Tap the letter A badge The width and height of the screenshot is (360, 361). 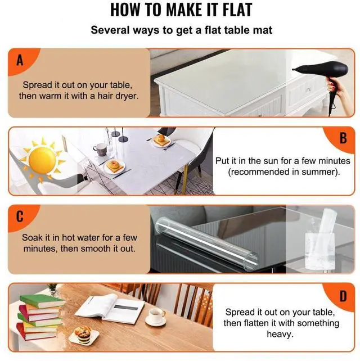pyautogui.click(x=20, y=60)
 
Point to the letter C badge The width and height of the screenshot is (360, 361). pyautogui.click(x=20, y=216)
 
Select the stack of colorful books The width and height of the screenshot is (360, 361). pyautogui.click(x=38, y=317)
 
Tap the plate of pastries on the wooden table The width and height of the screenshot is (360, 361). pyautogui.click(x=83, y=336)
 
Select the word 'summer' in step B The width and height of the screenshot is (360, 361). pyautogui.click(x=321, y=172)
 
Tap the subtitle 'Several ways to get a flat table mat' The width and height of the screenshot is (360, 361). pyautogui.click(x=181, y=30)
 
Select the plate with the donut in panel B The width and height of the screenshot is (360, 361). pyautogui.click(x=115, y=167)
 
